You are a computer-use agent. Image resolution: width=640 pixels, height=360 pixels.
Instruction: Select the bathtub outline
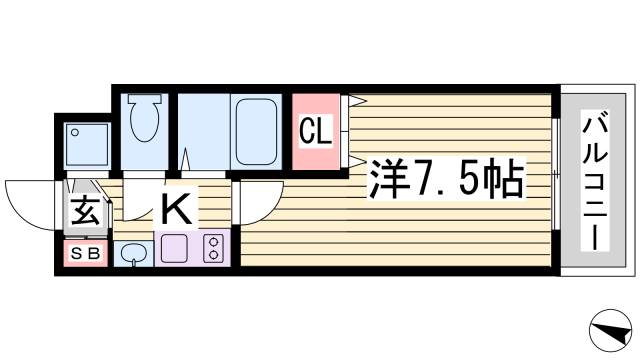(259, 134)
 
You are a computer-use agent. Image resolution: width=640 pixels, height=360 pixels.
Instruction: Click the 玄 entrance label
(83, 212)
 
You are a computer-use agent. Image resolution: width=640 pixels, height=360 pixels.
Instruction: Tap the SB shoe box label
(85, 254)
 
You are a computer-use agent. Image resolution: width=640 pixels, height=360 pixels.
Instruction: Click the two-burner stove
(213, 249)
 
